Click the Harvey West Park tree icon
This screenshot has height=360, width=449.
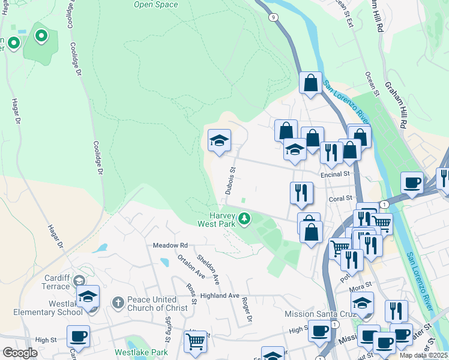[x=244, y=219]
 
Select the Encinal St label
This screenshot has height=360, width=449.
[x=336, y=174]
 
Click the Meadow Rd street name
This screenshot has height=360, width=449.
[x=170, y=245]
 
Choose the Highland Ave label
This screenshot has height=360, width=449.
[x=220, y=295]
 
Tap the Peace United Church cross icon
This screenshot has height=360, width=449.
[x=118, y=304]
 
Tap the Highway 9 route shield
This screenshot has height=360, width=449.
[x=274, y=18]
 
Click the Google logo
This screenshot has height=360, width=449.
[x=20, y=353]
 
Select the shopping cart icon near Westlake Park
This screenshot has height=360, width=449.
[x=195, y=342]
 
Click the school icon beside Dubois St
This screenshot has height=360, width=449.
[x=219, y=142]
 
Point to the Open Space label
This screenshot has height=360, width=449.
[x=156, y=5]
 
